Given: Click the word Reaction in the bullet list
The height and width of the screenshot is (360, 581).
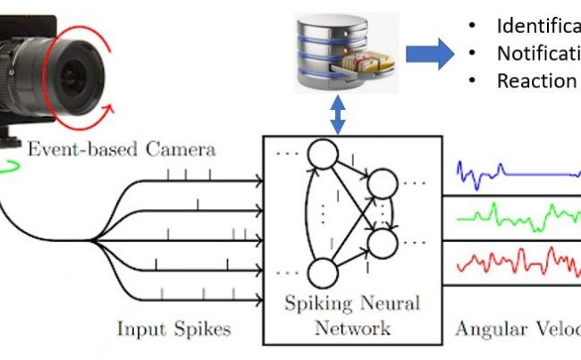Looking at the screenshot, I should click(536, 80).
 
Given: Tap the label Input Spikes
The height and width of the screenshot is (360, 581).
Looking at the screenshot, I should click(173, 329).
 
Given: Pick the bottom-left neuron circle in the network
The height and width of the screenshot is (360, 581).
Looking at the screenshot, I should click(321, 277).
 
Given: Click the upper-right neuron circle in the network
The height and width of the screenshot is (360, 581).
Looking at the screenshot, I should click(382, 185).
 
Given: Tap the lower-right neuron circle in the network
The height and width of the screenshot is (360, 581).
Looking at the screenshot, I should click(382, 240).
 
